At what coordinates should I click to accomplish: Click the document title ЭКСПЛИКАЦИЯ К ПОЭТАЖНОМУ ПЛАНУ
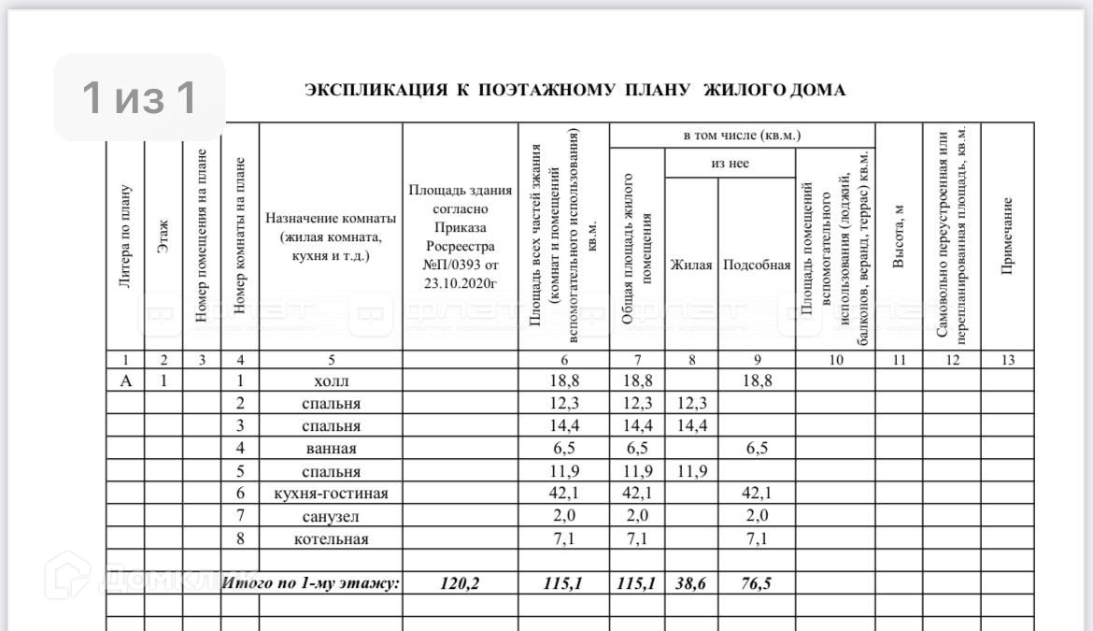point(575,91)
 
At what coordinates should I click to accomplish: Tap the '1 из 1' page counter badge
point(139,97)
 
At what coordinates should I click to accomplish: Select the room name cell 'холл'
point(330,381)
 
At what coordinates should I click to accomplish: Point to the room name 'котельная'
point(331,539)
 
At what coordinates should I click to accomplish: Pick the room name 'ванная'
point(331,449)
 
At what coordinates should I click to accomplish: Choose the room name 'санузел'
point(331,516)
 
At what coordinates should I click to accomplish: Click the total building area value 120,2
point(460,584)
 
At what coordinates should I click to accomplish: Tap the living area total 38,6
point(690,584)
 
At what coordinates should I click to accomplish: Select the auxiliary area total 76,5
point(756,584)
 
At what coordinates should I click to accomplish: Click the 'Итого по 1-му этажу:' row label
point(311,584)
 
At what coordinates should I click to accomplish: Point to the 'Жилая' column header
point(690,265)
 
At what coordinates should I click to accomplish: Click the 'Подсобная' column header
point(757,265)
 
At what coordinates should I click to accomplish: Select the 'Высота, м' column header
point(899,237)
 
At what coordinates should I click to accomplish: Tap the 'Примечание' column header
point(1007,237)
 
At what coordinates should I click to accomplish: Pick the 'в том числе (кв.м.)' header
point(742,136)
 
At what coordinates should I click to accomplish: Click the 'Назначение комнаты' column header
point(331,237)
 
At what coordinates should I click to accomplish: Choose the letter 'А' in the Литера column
point(125,380)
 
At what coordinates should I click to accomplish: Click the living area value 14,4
point(690,426)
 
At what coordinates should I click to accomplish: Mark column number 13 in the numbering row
point(1007,360)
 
